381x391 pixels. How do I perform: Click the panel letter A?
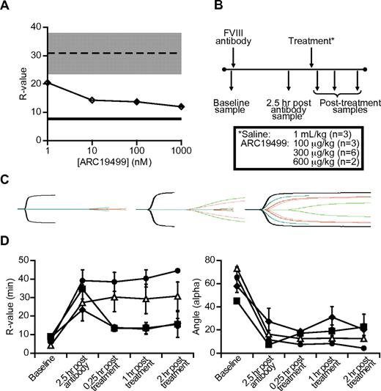(8, 7)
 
